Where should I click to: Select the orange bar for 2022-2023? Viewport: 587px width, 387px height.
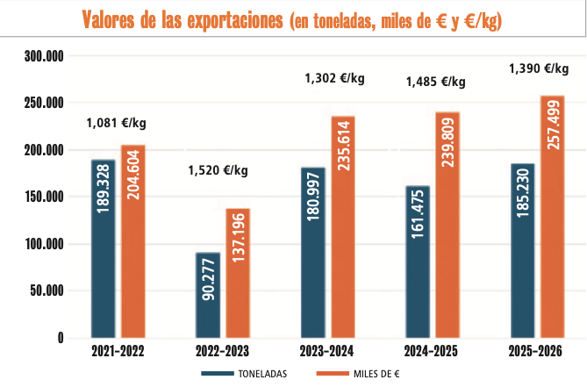tap(238, 273)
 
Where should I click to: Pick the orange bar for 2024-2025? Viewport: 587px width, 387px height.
tap(447, 225)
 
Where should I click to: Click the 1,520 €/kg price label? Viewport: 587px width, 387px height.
tap(218, 170)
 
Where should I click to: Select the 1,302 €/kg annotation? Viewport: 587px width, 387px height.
tap(334, 78)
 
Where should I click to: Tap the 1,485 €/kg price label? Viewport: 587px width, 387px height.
tap(435, 82)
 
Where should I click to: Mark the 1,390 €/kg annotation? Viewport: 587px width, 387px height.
tap(540, 68)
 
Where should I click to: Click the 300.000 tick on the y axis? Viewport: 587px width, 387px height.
tap(44, 56)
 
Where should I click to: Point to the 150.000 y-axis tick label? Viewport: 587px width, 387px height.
tap(44, 197)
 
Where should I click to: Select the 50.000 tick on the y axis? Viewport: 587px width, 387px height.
tap(47, 291)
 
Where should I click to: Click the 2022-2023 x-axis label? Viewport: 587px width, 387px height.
tap(221, 352)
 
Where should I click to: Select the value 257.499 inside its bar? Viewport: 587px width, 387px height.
tap(553, 124)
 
